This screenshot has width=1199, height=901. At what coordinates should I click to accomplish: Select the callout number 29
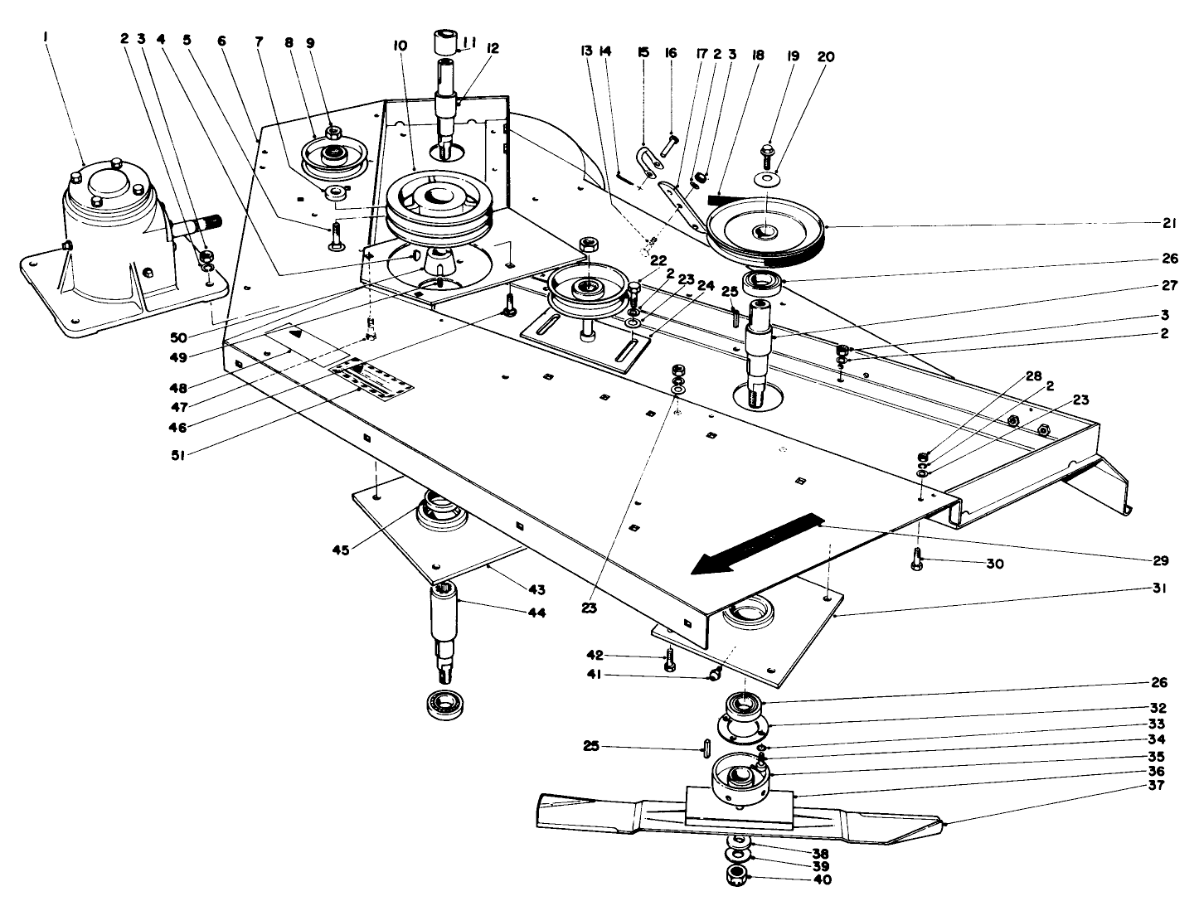[x=1160, y=561]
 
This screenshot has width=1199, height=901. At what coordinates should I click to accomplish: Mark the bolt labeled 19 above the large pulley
[x=767, y=153]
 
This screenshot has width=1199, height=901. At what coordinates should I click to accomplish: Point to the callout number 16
[x=671, y=54]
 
